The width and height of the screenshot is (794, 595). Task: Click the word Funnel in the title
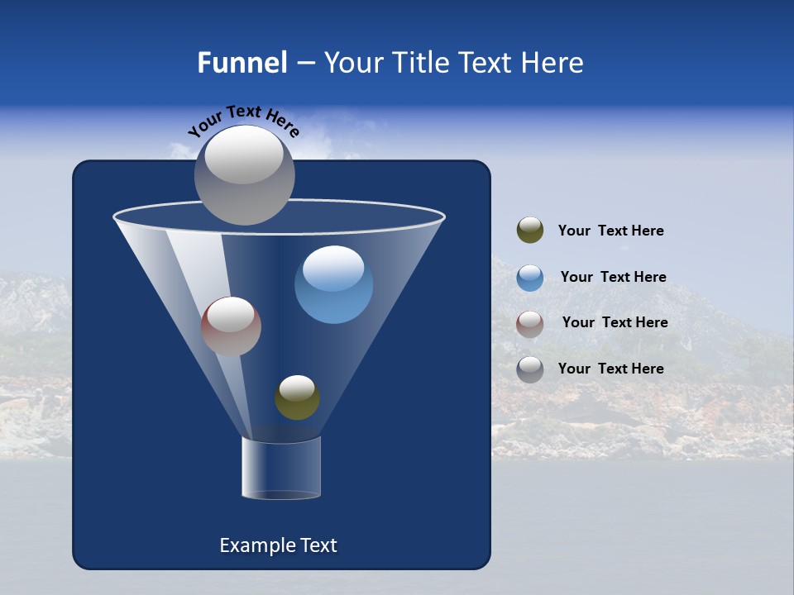point(242,63)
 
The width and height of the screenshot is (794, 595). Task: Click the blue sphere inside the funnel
point(333,284)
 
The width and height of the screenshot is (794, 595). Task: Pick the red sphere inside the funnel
point(231,326)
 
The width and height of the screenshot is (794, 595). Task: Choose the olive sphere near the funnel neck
point(297,397)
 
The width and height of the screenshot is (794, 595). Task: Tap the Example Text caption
point(278,545)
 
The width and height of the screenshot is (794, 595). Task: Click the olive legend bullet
point(530,230)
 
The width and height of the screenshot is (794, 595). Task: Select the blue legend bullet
point(530,278)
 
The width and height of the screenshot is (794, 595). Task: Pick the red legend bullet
point(530,324)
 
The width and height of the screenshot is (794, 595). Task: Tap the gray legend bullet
point(530,369)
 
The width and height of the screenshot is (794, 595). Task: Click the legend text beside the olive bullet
point(610,231)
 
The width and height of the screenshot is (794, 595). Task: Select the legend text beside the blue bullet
point(613,277)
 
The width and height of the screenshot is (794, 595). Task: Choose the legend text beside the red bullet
point(615,322)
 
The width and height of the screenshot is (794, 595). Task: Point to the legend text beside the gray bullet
point(610,369)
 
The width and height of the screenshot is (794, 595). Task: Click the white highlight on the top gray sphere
point(244,155)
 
